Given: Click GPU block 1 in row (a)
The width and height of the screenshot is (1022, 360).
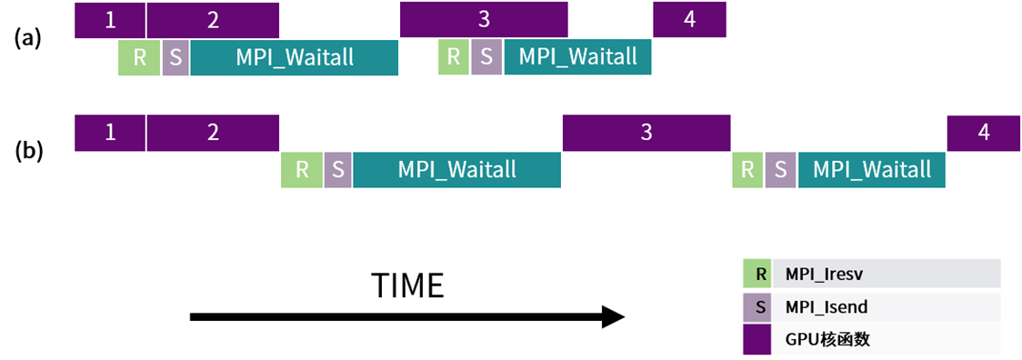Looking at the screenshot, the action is coord(110,20).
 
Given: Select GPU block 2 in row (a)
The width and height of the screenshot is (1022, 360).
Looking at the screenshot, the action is coord(213,20).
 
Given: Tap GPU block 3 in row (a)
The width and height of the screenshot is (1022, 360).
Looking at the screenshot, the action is coord(484,20).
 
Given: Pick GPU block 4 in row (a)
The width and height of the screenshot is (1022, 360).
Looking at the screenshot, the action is coord(689,20).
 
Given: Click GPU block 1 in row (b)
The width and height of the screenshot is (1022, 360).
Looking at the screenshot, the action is coord(110,133).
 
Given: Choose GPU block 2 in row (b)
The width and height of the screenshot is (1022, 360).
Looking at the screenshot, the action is coord(213,133).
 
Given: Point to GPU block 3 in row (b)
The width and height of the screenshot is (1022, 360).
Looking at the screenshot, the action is coord(646,133).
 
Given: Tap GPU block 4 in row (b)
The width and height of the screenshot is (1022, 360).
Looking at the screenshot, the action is coord(984,133).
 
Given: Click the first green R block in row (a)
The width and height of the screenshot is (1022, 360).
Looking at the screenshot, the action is coord(139,57).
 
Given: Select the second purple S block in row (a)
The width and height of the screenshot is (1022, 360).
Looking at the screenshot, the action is coord(486,57).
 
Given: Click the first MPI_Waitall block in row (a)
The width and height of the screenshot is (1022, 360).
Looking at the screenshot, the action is coord(294,57).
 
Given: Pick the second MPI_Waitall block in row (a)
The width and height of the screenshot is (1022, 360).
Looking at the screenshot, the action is coord(577,57).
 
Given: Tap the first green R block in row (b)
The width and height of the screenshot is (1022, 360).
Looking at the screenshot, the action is coord(302,170).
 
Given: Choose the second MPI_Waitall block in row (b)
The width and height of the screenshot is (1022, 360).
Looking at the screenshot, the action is coord(872,170).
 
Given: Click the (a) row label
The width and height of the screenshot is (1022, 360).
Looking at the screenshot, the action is coord(28,39).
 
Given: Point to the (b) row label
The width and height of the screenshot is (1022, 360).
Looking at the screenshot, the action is coord(28,151).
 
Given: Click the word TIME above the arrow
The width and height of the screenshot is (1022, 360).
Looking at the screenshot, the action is coord(407,285).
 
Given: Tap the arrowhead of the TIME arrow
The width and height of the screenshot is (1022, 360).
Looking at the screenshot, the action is coord(613,317).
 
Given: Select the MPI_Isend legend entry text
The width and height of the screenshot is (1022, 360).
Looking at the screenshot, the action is coord(817,306).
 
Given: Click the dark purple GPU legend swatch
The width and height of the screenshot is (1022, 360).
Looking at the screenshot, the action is coord(756,339).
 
